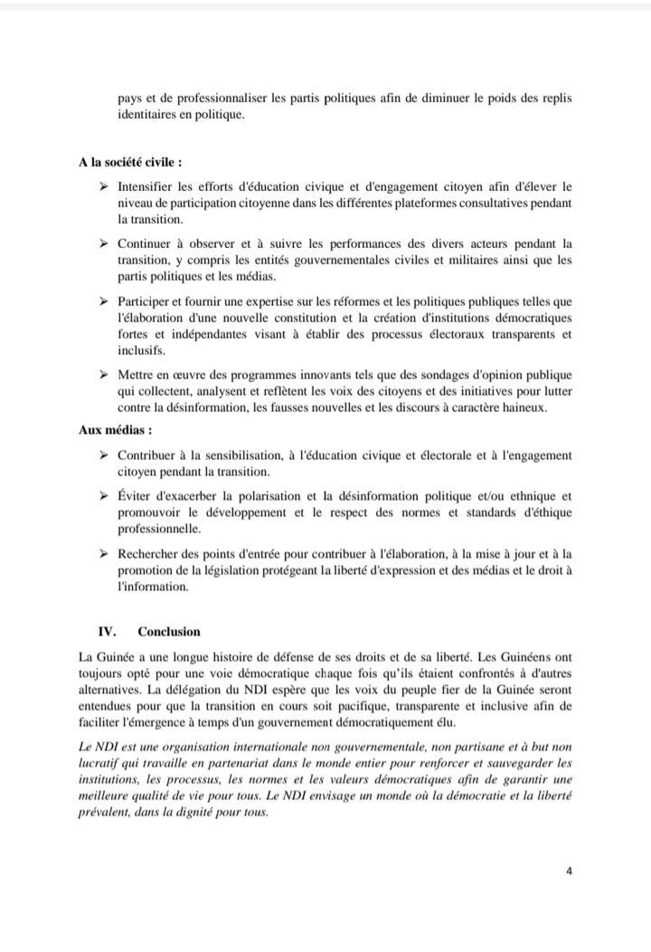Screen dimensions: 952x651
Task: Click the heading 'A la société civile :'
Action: tap(130, 163)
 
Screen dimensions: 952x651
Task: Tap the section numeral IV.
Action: tap(106, 631)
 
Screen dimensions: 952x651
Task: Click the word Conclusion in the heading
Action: tap(169, 631)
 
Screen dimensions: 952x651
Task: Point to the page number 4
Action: tap(570, 871)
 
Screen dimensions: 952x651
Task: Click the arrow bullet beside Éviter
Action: tap(104, 496)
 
